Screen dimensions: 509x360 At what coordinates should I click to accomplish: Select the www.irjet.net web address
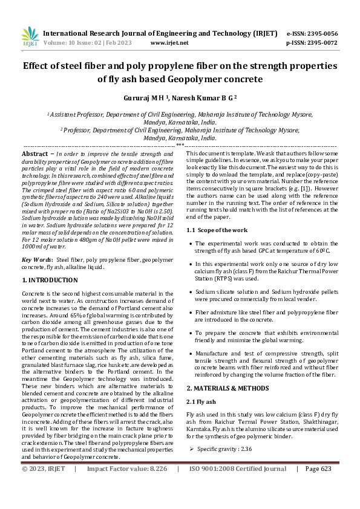[169, 43]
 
